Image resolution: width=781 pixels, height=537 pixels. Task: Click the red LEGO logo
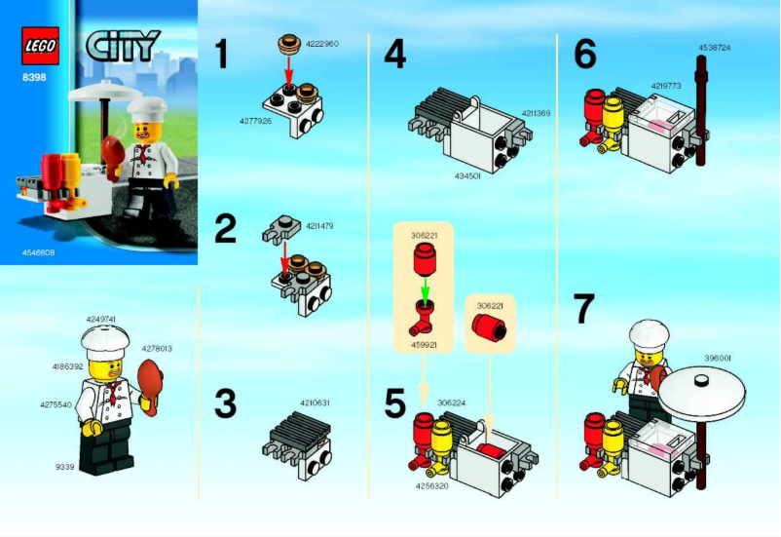(40, 45)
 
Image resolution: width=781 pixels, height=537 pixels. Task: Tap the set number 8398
(32, 76)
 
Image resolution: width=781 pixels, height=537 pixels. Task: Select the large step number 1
(222, 55)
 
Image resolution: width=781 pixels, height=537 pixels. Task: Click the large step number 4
(394, 55)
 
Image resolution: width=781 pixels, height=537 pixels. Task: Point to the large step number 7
(583, 309)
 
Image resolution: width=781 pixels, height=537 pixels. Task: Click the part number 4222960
(322, 44)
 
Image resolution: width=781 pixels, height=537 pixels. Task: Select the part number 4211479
(319, 226)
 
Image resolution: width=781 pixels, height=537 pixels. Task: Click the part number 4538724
(714, 47)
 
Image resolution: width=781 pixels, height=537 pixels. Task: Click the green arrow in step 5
(425, 291)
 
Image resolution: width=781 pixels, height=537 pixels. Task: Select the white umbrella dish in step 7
(701, 391)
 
